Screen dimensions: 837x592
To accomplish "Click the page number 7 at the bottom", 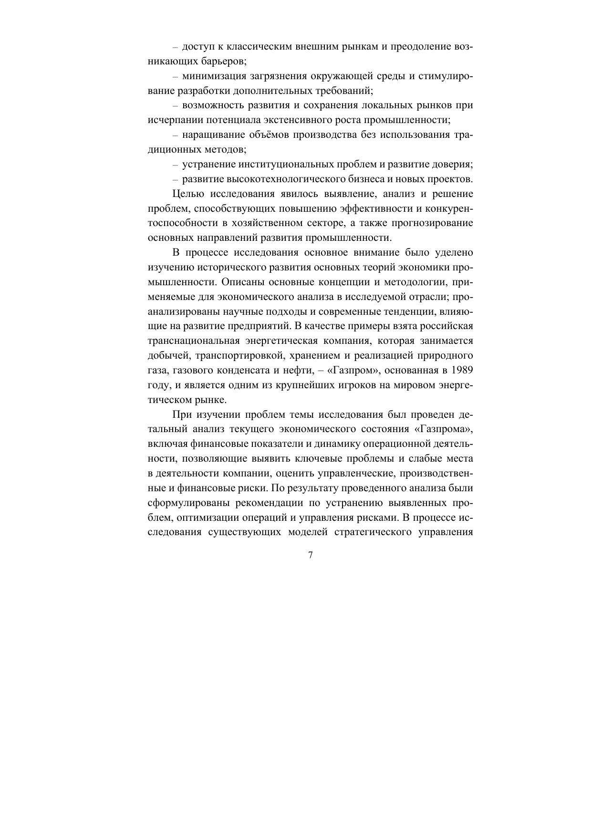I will pos(311,555).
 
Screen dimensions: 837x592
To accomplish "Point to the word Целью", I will pos(188,194).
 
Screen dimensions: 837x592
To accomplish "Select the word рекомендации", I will pos(248,503).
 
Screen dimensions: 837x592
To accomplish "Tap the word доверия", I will pos(453,165).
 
